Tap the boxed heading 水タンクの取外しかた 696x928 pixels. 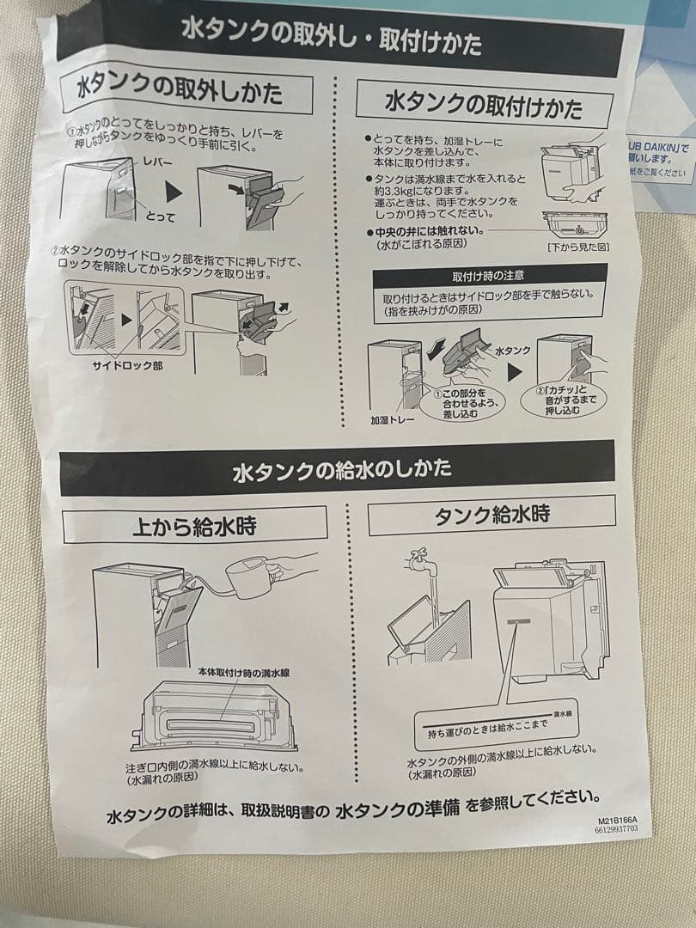[180, 91]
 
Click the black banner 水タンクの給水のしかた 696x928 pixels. [342, 470]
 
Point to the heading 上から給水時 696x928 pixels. [193, 525]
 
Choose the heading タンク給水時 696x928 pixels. [491, 516]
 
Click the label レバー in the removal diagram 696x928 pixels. [157, 162]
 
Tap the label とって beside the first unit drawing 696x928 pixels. [159, 217]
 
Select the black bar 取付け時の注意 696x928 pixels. [488, 276]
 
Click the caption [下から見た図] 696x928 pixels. [578, 247]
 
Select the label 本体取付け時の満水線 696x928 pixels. [243, 674]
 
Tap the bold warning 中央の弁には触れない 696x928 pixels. [430, 232]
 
